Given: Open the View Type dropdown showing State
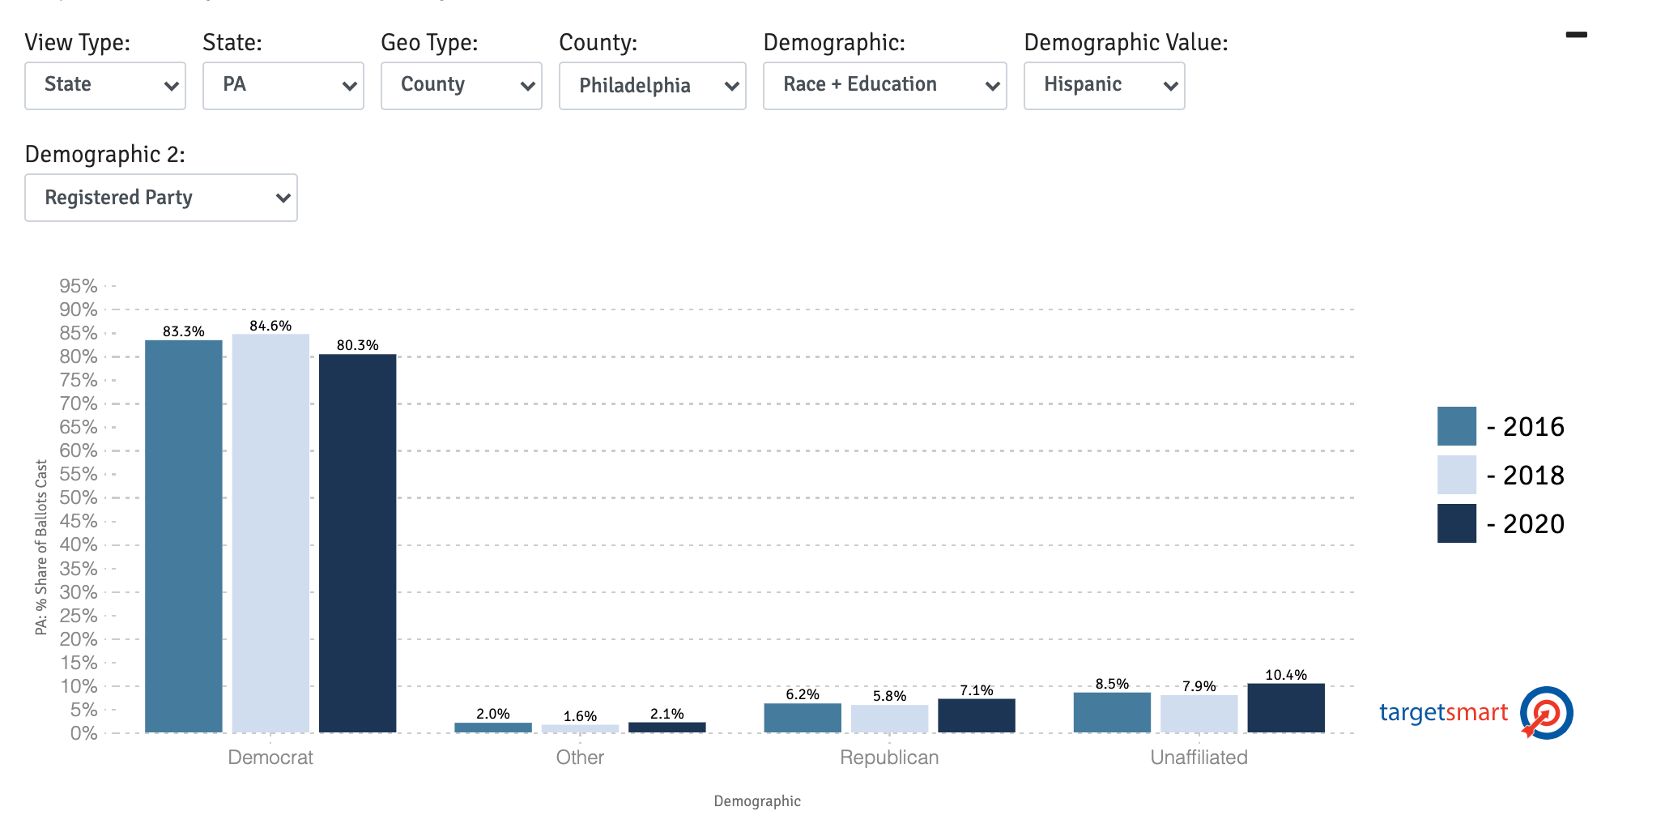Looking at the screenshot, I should click(105, 85).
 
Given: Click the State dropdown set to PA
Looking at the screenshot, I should click(283, 85).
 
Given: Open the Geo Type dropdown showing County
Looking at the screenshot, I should click(461, 85).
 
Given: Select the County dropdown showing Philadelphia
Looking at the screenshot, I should click(652, 85).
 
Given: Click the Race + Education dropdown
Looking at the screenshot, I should click(884, 85).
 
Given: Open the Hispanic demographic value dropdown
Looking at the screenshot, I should click(1104, 85).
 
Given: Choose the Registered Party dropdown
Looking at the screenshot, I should click(160, 198).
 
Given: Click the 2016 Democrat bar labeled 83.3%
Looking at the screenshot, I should click(184, 535).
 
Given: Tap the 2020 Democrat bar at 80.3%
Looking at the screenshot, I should click(357, 543).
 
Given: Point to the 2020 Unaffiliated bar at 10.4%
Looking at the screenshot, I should click(1285, 708).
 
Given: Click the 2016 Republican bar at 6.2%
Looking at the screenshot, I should click(803, 718).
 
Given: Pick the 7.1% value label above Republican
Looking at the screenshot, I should click(976, 690).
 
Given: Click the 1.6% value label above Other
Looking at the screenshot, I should click(580, 716).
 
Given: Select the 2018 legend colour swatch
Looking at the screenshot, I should click(1456, 475).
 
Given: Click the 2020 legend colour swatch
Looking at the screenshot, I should click(1456, 523).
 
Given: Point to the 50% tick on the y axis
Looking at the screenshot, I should click(79, 497).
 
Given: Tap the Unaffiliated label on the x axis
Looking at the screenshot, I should click(1199, 758).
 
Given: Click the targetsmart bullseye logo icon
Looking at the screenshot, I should click(1546, 713).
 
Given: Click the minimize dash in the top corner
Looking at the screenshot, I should click(1576, 35).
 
